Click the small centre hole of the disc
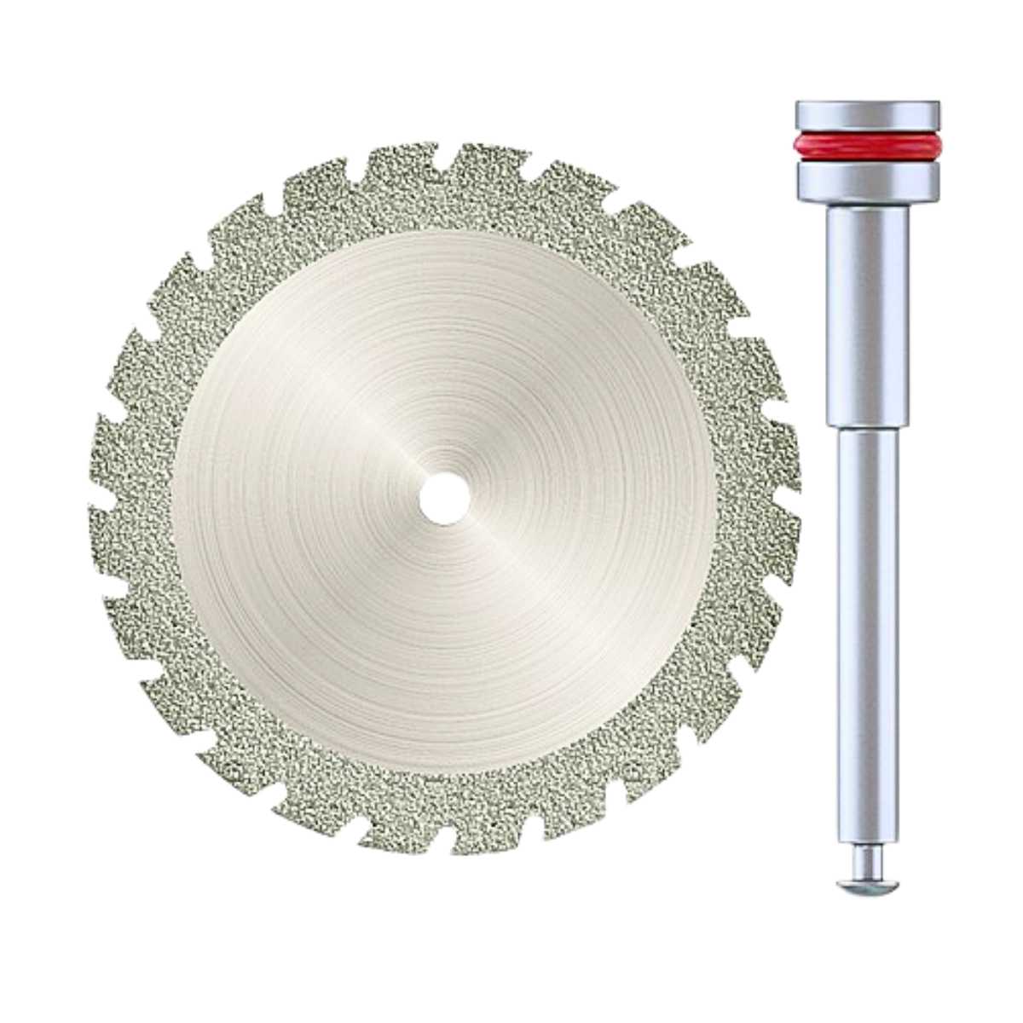(x=443, y=497)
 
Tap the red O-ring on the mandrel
(x=867, y=144)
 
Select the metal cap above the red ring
(x=867, y=114)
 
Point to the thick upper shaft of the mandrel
(x=867, y=315)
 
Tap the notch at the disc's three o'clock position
(x=789, y=494)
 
